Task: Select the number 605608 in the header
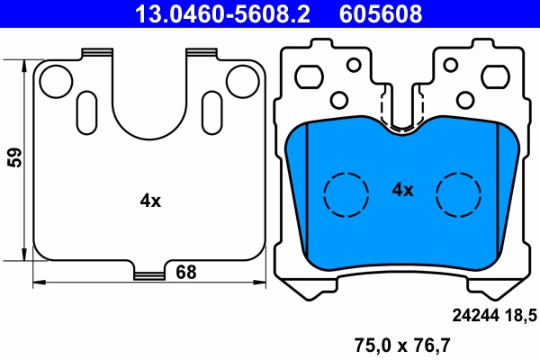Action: pos(378,13)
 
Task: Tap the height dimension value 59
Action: pos(13,158)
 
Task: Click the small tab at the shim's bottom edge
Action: pos(149,272)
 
